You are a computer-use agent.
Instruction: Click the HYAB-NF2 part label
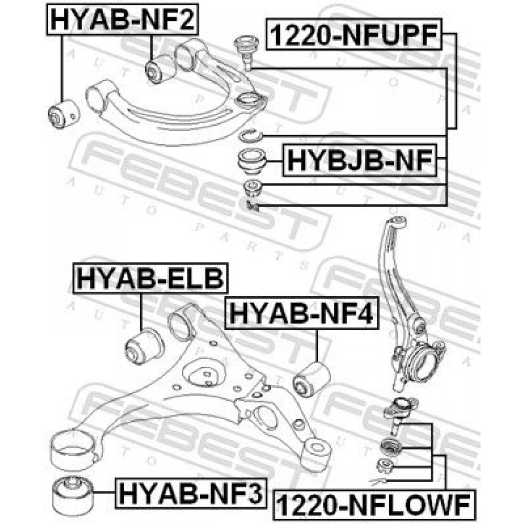122,19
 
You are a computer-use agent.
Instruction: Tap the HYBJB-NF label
359,160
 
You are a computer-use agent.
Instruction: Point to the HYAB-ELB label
150,278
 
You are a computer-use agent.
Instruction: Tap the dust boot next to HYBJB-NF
253,161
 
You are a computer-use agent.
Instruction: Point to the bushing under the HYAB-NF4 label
312,379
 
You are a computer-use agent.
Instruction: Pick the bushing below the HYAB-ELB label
144,346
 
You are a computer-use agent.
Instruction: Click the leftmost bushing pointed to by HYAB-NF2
64,114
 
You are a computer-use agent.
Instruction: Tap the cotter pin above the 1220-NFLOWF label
379,482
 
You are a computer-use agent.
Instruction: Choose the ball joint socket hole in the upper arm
248,100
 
